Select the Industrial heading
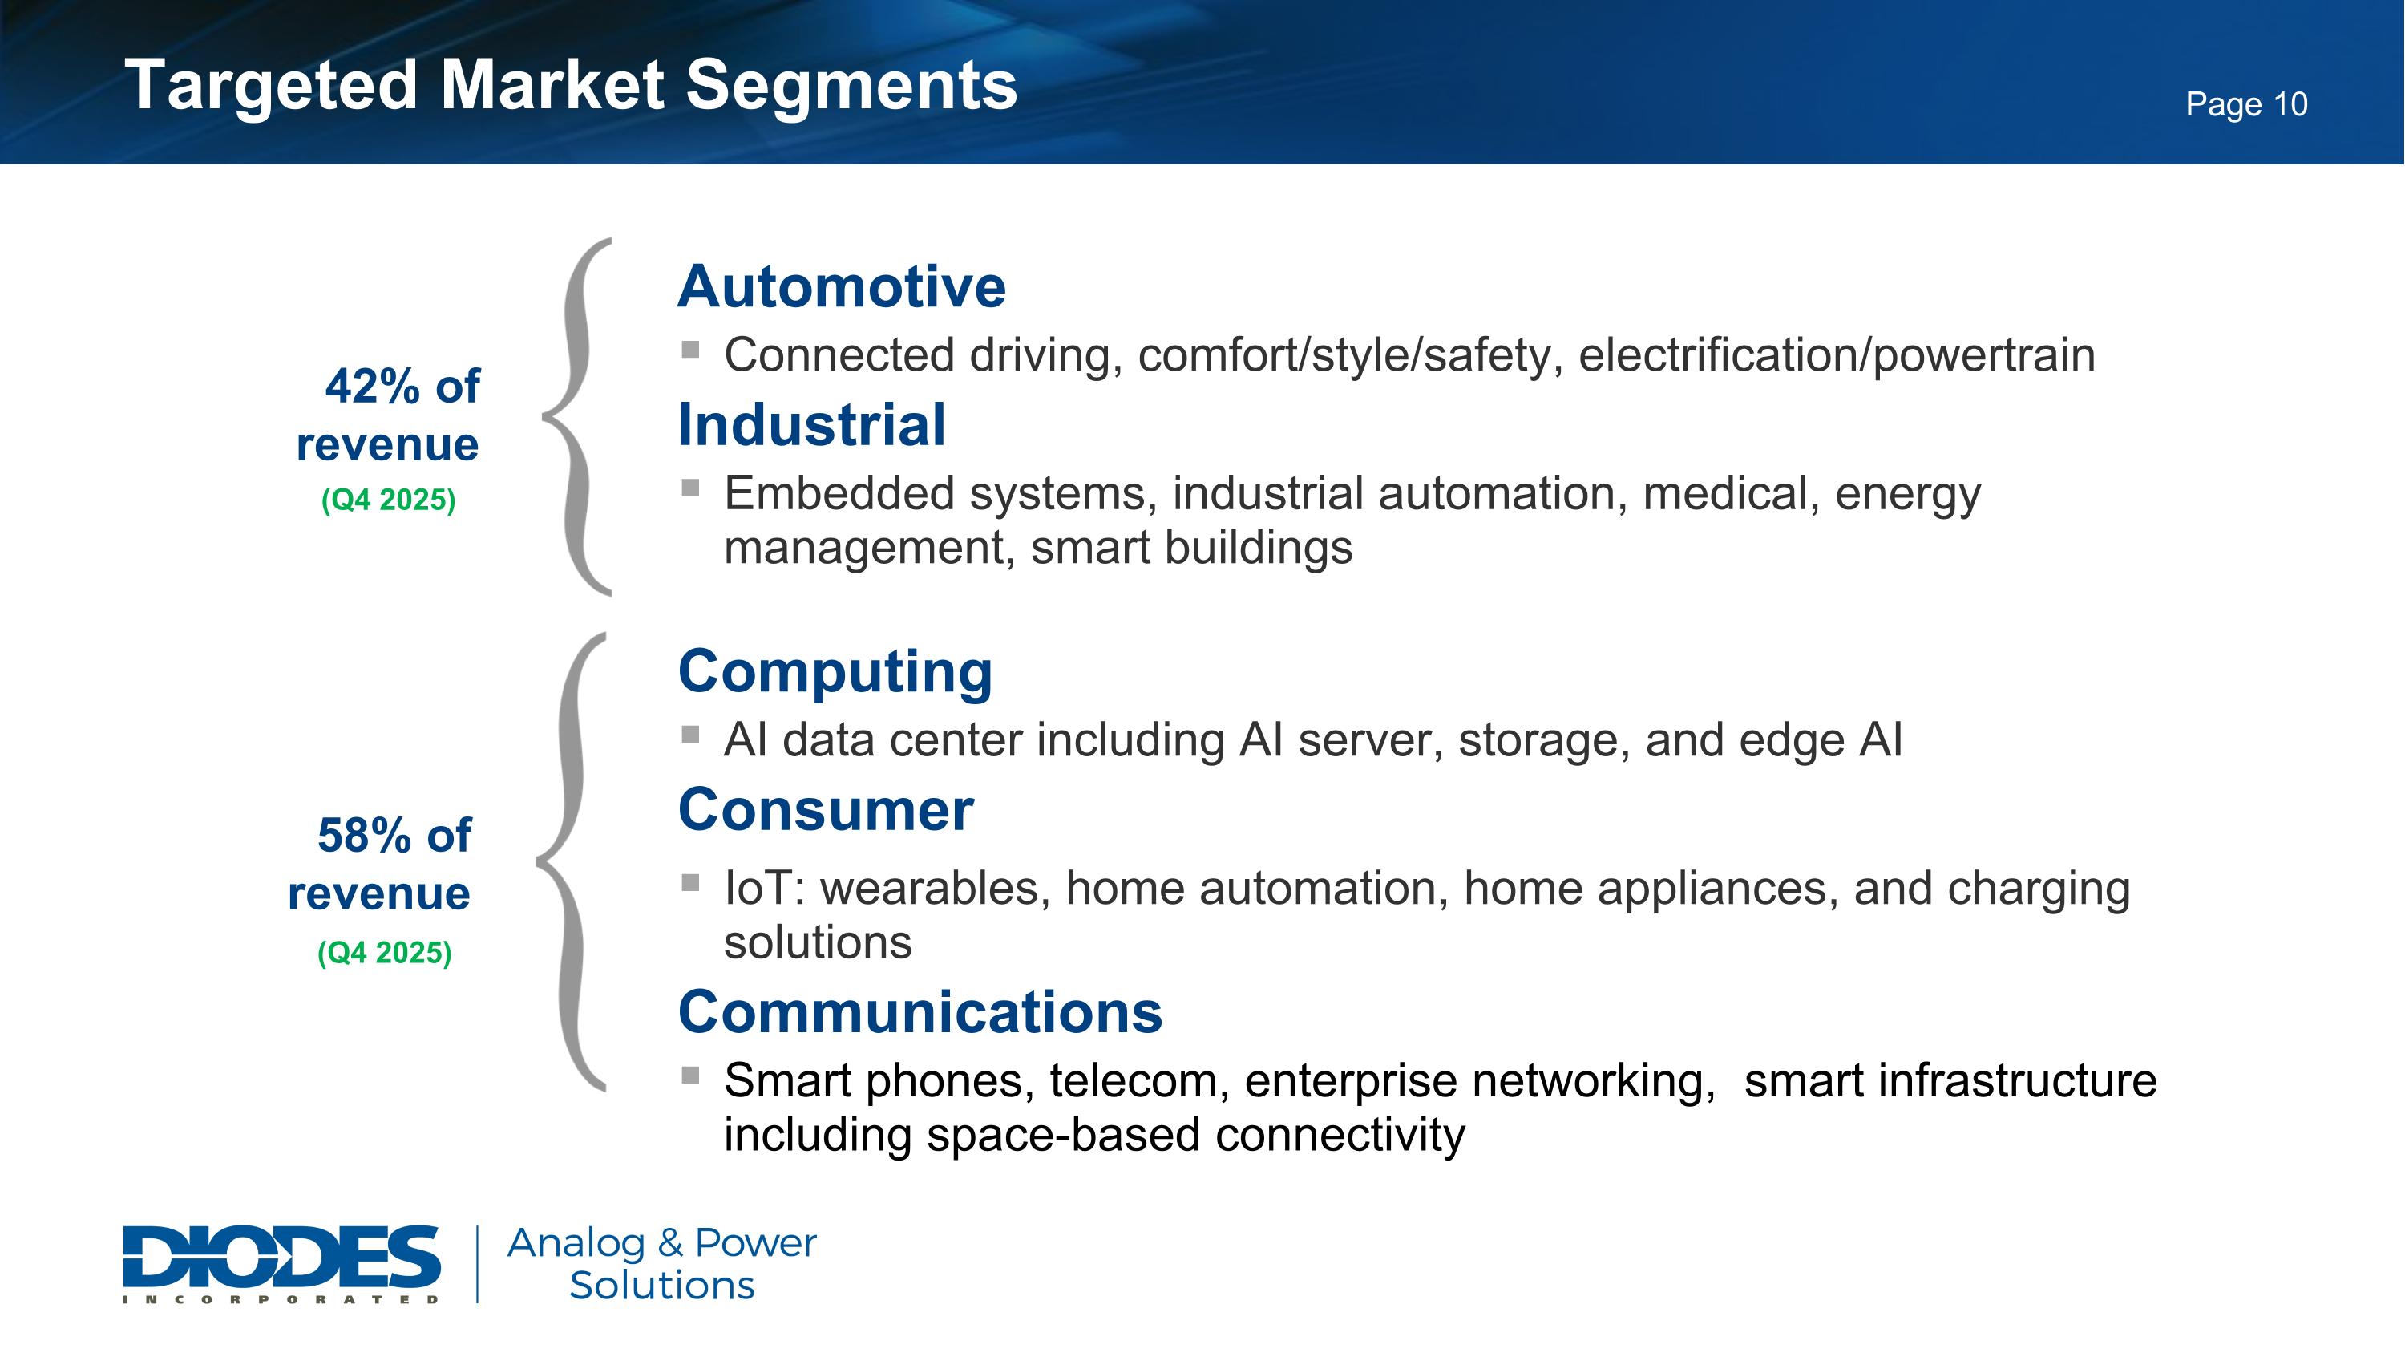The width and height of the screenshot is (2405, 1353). pos(811,425)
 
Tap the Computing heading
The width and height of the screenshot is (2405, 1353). pos(835,671)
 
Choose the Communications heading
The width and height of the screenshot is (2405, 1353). pos(920,1012)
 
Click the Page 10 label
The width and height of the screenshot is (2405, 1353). pos(2245,103)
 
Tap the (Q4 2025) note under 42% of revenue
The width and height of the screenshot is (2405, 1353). pos(388,500)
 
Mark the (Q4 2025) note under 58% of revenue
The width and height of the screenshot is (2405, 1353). pos(385,953)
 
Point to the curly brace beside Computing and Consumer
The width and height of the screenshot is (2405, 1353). pos(572,861)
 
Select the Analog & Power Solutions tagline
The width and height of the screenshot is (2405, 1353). pos(661,1263)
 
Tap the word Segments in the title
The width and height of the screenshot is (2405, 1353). pos(851,86)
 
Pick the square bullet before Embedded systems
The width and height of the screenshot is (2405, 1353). pos(691,488)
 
